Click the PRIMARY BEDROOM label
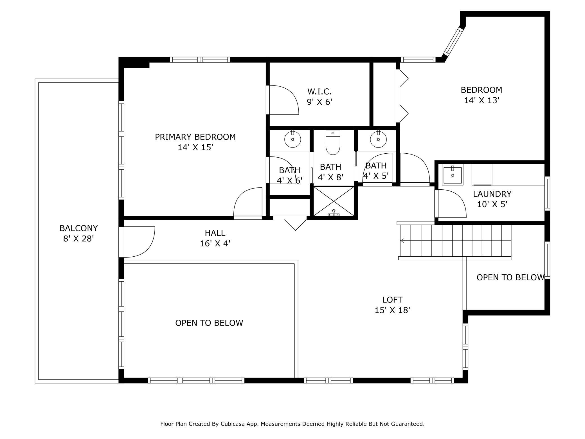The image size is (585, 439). click(195, 137)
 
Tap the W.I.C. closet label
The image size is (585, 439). click(319, 91)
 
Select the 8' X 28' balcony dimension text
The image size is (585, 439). click(78, 239)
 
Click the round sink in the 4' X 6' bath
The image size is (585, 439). click(293, 139)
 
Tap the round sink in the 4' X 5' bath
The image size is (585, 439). click(378, 139)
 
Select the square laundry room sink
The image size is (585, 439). click(453, 175)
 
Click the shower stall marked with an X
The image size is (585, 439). click(334, 201)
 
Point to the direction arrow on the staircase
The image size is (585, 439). click(402, 241)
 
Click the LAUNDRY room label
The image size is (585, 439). click(492, 194)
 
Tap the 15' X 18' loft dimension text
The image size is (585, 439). click(392, 310)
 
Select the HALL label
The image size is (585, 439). click(215, 233)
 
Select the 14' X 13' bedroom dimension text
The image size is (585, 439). click(481, 100)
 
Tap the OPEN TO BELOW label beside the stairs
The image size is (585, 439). click(511, 277)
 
